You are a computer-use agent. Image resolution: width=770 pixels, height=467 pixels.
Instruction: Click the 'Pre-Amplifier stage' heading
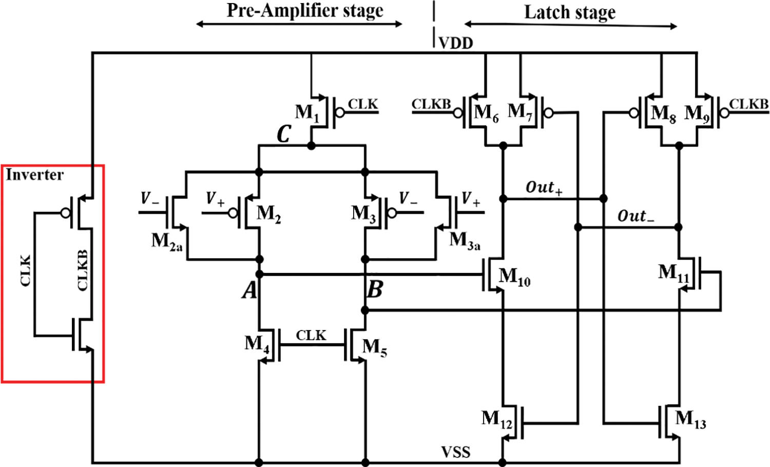pyautogui.click(x=305, y=11)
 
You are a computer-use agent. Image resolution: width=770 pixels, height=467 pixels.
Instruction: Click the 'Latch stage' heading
pyautogui.click(x=569, y=12)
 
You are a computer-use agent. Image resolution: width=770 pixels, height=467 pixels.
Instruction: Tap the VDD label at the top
pyautogui.click(x=456, y=43)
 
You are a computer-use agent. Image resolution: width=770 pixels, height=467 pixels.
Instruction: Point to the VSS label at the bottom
pyautogui.click(x=456, y=452)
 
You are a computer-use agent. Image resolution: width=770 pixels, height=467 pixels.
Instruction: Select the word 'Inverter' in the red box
pyautogui.click(x=34, y=175)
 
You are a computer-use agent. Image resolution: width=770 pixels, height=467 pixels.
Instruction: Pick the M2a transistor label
pyautogui.click(x=167, y=241)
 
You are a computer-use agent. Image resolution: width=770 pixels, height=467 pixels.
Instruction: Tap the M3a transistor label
pyautogui.click(x=465, y=241)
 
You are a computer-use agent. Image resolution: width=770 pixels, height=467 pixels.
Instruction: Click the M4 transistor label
pyautogui.click(x=257, y=343)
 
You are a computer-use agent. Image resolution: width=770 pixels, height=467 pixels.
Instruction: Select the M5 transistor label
pyautogui.click(x=375, y=347)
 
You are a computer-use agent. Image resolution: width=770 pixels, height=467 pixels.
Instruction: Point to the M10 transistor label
pyautogui.click(x=514, y=277)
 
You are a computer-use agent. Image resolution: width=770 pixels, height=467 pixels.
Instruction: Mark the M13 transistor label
pyautogui.click(x=690, y=419)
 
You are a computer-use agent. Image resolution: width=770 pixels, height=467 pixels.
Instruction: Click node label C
pyautogui.click(x=284, y=134)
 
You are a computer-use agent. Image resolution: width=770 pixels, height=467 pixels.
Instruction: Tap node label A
pyautogui.click(x=249, y=290)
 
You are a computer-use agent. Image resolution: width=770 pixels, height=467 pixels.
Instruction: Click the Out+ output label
pyautogui.click(x=544, y=188)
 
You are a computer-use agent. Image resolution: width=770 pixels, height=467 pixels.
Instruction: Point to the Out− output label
pyautogui.click(x=636, y=216)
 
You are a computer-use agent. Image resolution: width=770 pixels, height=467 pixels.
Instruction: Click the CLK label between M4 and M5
pyautogui.click(x=311, y=335)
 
